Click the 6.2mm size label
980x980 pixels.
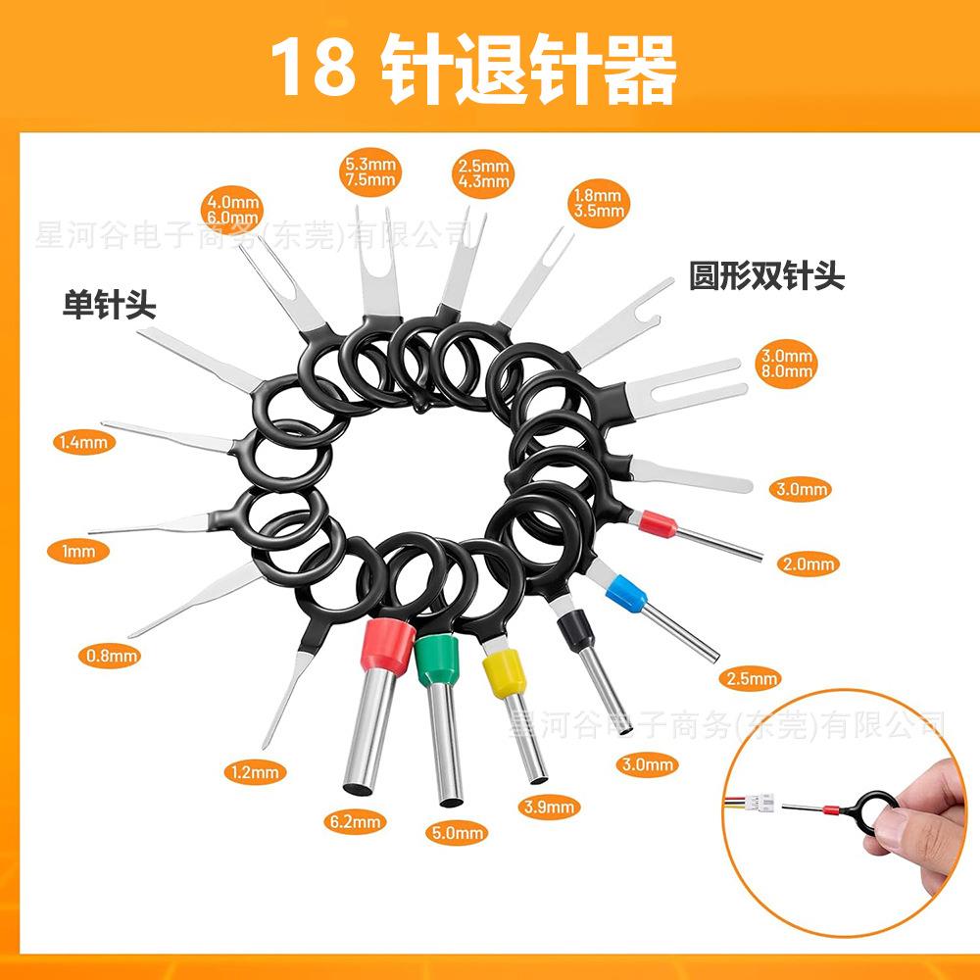click(355, 821)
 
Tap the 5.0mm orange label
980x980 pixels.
click(458, 834)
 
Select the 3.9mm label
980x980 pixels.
click(548, 808)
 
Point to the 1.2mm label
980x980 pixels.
click(254, 772)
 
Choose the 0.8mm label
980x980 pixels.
click(109, 656)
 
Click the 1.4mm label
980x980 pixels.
click(84, 443)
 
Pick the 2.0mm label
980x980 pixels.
click(808, 563)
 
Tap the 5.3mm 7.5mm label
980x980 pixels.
click(370, 171)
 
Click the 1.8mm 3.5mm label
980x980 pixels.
click(597, 202)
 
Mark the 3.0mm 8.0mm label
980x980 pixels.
click(786, 363)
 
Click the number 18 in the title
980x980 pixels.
click(312, 69)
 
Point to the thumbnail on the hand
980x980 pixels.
click(895, 831)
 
